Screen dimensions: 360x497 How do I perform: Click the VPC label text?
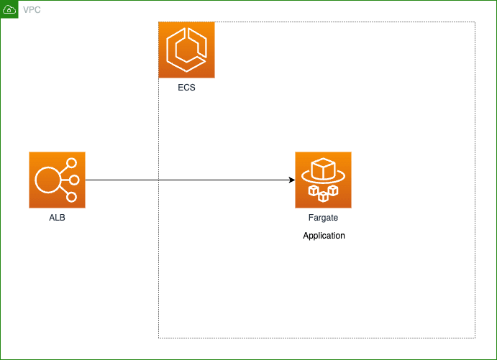tap(32, 10)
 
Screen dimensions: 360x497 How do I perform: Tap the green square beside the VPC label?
tap(9, 9)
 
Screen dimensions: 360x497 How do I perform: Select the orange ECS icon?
tap(186, 50)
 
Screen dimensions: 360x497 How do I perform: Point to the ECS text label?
tap(186, 88)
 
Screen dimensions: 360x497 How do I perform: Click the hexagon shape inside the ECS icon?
tap(186, 50)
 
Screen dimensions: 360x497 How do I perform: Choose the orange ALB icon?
tap(57, 180)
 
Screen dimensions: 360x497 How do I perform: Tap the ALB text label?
tap(57, 217)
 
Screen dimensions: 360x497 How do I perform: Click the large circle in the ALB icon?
tap(48, 180)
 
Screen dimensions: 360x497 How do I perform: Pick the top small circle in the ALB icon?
tap(71, 164)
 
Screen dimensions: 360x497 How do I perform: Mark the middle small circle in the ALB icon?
tap(73, 180)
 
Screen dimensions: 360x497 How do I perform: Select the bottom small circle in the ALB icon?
tap(71, 195)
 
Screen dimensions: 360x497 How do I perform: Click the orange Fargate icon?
tap(323, 180)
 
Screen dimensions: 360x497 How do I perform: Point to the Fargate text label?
tap(323, 217)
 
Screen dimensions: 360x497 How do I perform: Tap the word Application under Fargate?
tap(324, 236)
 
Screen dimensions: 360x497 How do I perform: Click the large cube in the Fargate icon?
tap(323, 170)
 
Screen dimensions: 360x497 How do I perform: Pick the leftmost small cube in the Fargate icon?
tap(314, 190)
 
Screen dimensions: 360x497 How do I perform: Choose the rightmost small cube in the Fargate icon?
tap(333, 190)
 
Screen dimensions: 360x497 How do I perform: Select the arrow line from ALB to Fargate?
tap(187, 180)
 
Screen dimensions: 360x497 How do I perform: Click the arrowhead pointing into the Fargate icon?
tap(291, 180)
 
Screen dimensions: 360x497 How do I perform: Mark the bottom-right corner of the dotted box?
tap(475, 337)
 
